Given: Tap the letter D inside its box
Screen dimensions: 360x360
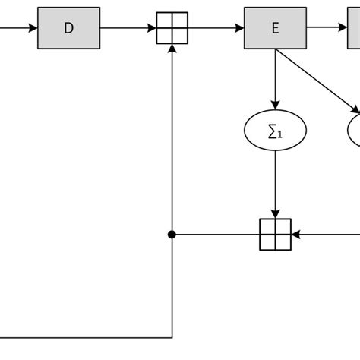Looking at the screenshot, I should (x=68, y=28).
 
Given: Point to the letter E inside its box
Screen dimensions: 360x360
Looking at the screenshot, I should (x=275, y=28).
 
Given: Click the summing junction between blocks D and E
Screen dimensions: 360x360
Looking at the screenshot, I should (x=172, y=28).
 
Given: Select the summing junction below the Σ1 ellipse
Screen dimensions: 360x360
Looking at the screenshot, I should (x=275, y=235).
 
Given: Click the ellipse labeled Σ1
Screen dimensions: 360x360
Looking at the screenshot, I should (x=275, y=131).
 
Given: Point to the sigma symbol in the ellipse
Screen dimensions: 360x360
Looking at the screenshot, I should (x=272, y=131).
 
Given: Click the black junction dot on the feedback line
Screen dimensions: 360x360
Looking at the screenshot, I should (x=172, y=235).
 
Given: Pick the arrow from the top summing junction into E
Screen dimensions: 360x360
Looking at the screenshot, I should (x=216, y=28).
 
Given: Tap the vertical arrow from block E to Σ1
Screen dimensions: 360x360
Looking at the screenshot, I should (x=275, y=80).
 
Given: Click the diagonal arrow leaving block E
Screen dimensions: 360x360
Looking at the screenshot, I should (x=319, y=82).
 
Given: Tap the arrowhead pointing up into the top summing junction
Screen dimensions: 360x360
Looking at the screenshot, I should (x=172, y=49).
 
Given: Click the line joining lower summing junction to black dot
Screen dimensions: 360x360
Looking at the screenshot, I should (x=216, y=235).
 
